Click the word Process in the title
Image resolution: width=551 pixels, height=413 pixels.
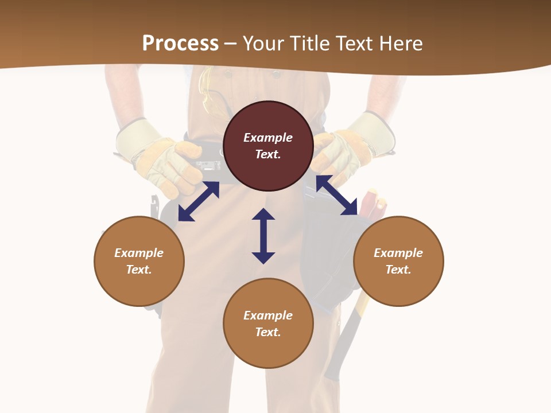[180, 44]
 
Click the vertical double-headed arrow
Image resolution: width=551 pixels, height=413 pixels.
[263, 236]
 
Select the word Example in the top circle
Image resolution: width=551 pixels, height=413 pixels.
[268, 138]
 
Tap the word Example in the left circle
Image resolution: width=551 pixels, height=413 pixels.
[139, 253]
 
